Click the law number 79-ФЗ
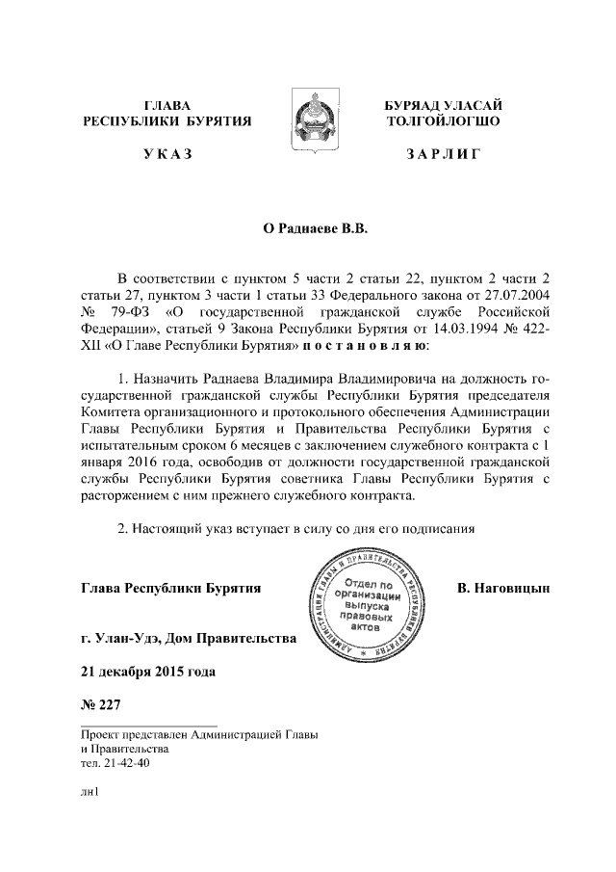129,311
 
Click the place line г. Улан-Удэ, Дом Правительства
190,639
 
